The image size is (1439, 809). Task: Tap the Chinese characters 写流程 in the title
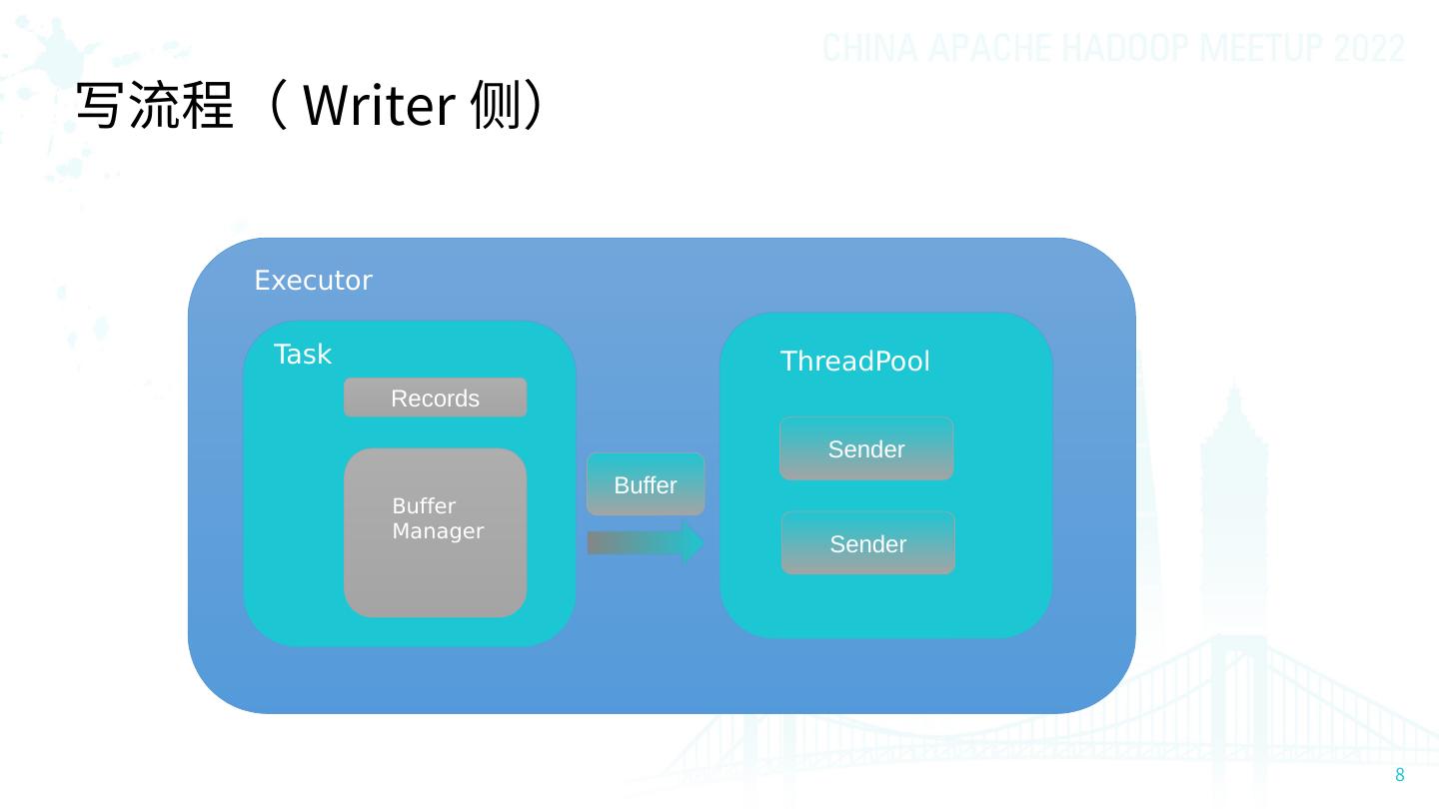154,106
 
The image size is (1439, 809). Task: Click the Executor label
313,281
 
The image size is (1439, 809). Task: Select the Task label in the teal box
302,355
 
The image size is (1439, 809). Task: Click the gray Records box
435,399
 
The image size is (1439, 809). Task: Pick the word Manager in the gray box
438,531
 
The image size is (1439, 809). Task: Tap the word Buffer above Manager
424,506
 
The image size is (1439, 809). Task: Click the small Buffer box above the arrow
646,485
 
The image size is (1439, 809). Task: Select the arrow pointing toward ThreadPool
646,543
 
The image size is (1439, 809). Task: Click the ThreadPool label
854,362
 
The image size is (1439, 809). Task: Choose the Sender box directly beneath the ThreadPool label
866,449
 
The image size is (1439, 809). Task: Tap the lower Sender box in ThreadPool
868,544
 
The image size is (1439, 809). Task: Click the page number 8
1399,776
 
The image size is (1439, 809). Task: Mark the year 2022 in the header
1368,48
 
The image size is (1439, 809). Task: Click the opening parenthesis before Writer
281,106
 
